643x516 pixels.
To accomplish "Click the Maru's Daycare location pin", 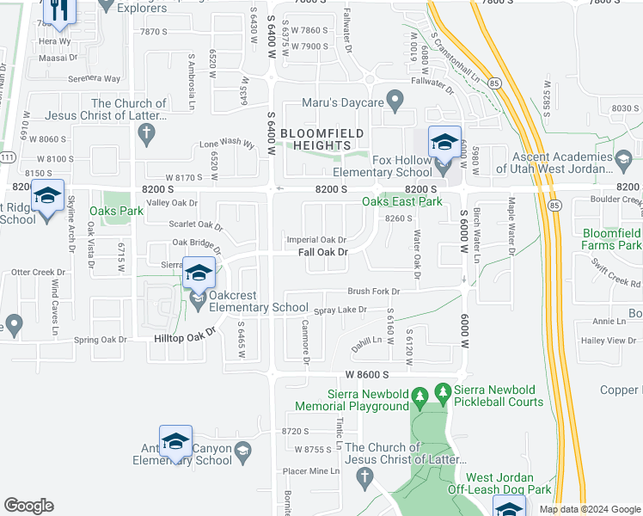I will [395, 102].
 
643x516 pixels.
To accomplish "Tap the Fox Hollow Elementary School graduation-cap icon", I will [444, 142].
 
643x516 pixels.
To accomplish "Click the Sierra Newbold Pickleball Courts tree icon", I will [444, 393].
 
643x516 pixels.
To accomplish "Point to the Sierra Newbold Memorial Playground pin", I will [419, 397].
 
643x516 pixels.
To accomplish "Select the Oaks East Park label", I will [401, 201].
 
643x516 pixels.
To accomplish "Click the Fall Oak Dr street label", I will [322, 252].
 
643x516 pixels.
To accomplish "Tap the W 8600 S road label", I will [368, 375].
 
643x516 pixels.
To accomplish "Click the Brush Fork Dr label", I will [375, 292].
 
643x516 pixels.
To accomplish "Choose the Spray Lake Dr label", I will [340, 310].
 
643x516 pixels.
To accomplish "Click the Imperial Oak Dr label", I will [316, 240].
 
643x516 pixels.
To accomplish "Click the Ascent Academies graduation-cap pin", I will [623, 157].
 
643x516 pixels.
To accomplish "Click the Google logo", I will [28, 506].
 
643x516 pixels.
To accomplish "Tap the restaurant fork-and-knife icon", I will [59, 9].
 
